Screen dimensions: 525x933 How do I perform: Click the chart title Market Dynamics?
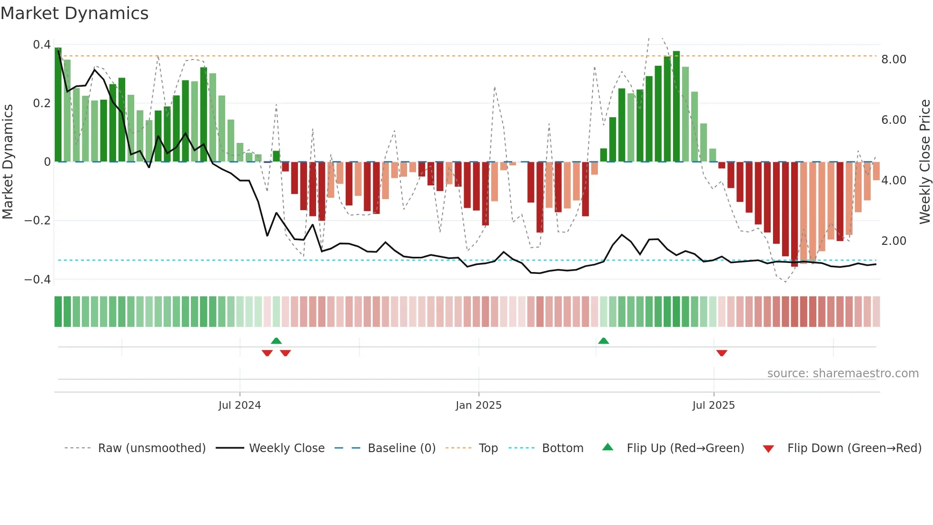point(74,13)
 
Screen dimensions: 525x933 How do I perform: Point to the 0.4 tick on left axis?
point(41,45)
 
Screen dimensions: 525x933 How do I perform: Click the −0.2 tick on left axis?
point(38,221)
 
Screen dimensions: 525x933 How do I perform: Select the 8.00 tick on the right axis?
point(893,60)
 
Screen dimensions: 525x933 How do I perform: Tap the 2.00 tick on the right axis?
point(893,241)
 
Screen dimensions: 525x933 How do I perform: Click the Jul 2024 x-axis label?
point(239,405)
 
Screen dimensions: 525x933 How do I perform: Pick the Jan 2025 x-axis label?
point(478,405)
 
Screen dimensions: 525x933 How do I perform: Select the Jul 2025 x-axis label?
point(713,405)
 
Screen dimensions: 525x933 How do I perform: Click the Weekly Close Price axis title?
point(924,162)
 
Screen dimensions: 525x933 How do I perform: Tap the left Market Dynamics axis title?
point(8,162)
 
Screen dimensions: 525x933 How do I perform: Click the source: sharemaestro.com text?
point(843,374)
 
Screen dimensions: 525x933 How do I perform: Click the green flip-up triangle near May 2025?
point(603,341)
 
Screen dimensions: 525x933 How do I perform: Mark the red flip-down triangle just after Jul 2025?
point(722,353)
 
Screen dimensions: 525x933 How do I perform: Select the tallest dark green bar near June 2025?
point(676,106)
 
